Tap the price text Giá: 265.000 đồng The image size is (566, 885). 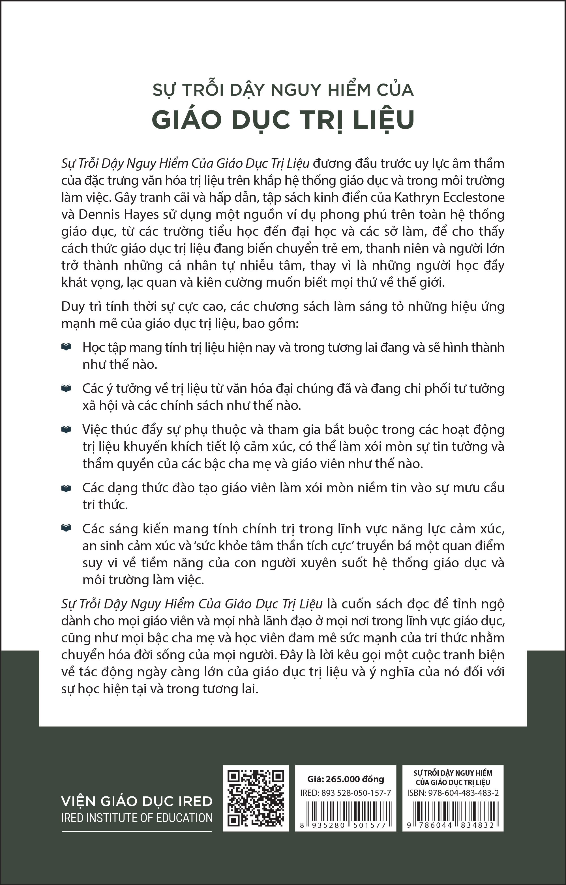(346, 779)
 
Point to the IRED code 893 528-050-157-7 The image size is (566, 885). (356, 793)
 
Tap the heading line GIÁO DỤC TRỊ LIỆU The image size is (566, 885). (283, 119)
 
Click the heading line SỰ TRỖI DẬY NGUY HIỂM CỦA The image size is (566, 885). (283, 90)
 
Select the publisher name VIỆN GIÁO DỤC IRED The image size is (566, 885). (137, 801)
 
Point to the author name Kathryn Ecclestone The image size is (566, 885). (449, 197)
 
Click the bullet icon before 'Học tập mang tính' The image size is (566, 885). (66, 347)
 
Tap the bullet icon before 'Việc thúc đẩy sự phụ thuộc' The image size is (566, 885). (66, 429)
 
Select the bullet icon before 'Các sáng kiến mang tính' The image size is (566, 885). (66, 528)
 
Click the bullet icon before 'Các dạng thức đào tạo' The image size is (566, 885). (66, 488)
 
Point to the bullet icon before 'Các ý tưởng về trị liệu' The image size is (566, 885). (66, 388)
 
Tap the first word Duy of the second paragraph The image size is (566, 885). (73, 306)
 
